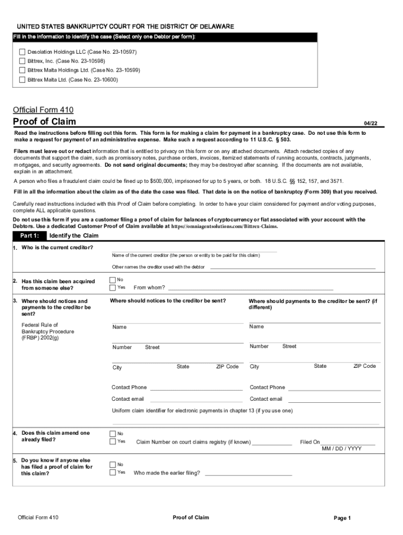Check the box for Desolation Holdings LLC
[x=22, y=52]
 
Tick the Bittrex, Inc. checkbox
[x=22, y=61]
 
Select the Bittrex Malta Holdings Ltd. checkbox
[x=22, y=70]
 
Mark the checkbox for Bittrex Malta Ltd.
[x=22, y=79]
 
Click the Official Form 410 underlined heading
[x=43, y=110]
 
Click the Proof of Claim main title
[x=44, y=122]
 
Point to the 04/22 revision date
[x=371, y=124]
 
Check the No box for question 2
[x=113, y=280]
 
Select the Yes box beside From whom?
[x=113, y=287]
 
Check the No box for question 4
[x=113, y=433]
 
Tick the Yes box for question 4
[x=113, y=441]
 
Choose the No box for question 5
[x=113, y=464]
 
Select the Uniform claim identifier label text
[x=202, y=411]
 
